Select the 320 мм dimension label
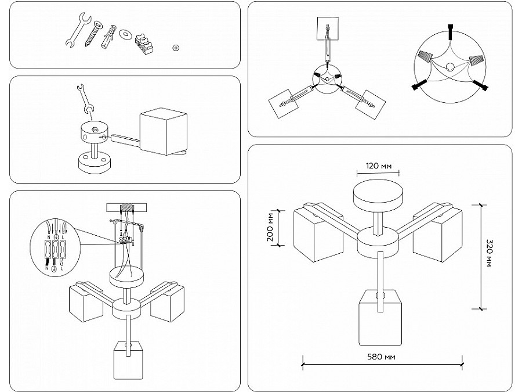490,256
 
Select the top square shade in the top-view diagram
328,29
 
